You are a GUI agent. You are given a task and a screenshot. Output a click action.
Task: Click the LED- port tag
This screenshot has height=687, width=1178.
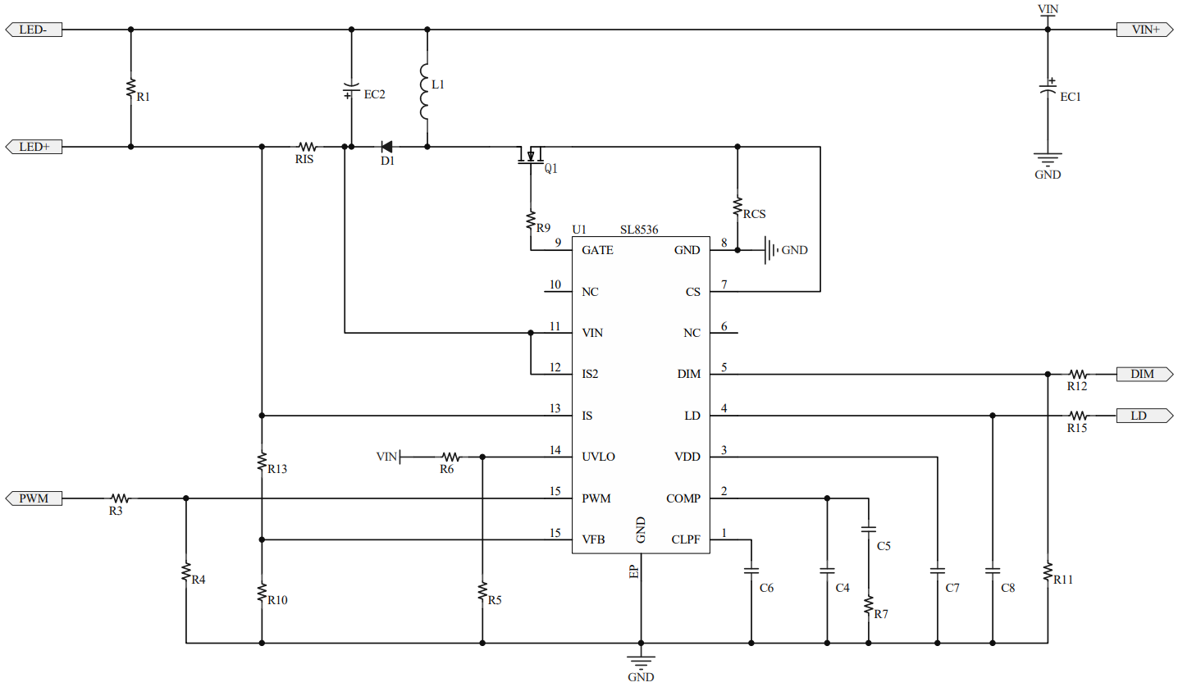point(33,30)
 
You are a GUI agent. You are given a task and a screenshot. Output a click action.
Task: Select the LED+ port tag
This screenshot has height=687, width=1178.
point(33,147)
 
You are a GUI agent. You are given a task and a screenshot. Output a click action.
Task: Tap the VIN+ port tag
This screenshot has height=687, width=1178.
point(1145,30)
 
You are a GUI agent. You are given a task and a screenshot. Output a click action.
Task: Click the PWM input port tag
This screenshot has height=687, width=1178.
point(33,498)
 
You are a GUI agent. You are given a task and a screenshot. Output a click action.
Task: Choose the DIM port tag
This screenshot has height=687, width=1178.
point(1145,374)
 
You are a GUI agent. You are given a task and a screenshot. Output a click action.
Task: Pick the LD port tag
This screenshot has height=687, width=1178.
point(1144,416)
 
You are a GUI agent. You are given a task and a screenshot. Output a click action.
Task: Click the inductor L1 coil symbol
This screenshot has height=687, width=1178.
point(426,90)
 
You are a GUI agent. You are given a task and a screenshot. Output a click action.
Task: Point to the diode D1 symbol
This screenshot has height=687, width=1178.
point(386,147)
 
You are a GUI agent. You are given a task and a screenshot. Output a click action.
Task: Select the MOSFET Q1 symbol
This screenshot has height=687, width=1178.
point(531,156)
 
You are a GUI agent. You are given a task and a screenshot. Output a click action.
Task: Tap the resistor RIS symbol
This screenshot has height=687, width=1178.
point(307,147)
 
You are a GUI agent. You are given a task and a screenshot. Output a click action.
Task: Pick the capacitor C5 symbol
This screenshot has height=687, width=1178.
point(869,530)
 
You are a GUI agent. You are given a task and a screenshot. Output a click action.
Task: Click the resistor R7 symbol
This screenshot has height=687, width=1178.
point(869,606)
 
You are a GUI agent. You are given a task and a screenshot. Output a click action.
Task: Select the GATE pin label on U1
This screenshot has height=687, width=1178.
point(597,250)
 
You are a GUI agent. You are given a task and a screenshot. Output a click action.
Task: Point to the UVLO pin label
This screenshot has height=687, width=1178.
point(598,457)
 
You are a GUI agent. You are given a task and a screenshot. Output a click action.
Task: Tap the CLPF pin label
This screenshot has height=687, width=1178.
point(686,539)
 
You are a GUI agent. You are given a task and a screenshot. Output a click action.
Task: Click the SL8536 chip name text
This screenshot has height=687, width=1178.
point(639,230)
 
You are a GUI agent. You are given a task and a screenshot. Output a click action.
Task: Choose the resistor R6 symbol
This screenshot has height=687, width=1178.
point(450,457)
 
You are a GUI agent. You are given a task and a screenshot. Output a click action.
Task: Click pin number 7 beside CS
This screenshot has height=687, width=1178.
point(724,284)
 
